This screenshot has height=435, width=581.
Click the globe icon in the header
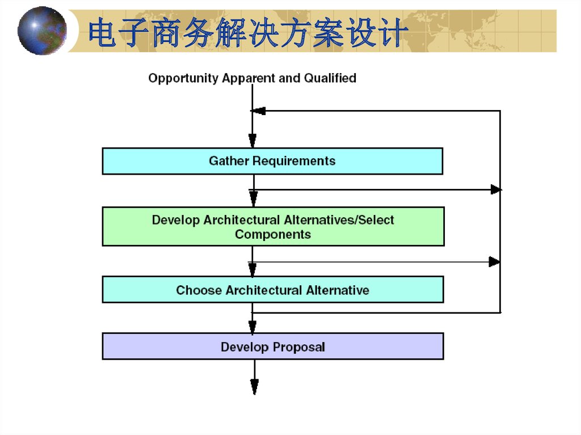click(x=42, y=31)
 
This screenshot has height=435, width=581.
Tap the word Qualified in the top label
click(x=330, y=78)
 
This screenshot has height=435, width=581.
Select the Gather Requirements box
click(x=272, y=161)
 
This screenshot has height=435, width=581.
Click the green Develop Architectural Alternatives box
click(x=273, y=226)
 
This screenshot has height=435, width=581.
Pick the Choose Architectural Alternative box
click(x=273, y=289)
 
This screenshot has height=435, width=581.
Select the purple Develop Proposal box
click(x=273, y=347)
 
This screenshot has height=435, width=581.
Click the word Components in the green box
click(x=273, y=235)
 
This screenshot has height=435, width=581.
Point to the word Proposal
click(x=298, y=348)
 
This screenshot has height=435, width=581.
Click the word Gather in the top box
click(x=229, y=161)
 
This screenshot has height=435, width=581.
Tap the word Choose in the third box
click(x=199, y=290)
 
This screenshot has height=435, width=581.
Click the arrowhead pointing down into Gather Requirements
click(x=252, y=141)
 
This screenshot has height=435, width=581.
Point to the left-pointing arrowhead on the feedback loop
click(x=259, y=111)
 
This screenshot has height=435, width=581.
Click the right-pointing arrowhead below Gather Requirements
click(x=496, y=190)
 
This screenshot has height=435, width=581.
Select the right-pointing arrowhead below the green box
click(x=494, y=262)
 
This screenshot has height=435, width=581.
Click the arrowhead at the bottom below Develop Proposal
click(x=255, y=387)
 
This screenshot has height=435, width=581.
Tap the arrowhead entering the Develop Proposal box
click(x=252, y=327)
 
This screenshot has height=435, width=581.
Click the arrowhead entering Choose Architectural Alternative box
click(x=252, y=270)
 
